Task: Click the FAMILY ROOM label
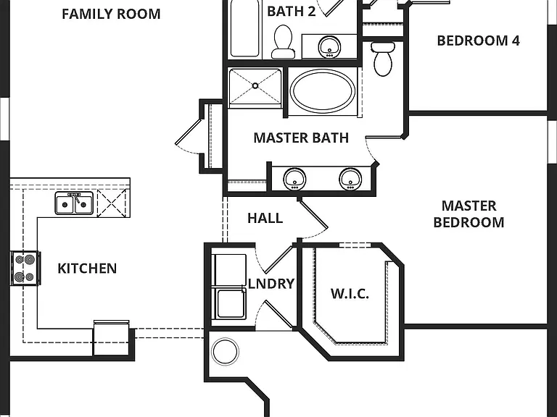(111, 14)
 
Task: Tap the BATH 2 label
(292, 12)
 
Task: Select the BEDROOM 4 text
(478, 41)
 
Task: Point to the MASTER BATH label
(301, 138)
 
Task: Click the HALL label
(265, 219)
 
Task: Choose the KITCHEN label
(87, 269)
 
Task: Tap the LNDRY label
(272, 284)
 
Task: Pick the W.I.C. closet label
(350, 294)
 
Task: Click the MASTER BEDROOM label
(469, 214)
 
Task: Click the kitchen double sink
(74, 203)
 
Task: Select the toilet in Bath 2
(283, 42)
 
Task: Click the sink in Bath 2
(330, 46)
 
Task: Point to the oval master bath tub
(323, 90)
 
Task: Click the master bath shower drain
(255, 86)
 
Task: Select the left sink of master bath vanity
(295, 179)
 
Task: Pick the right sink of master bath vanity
(350, 179)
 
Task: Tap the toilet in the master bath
(383, 59)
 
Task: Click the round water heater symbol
(225, 352)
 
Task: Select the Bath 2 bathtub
(244, 28)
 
